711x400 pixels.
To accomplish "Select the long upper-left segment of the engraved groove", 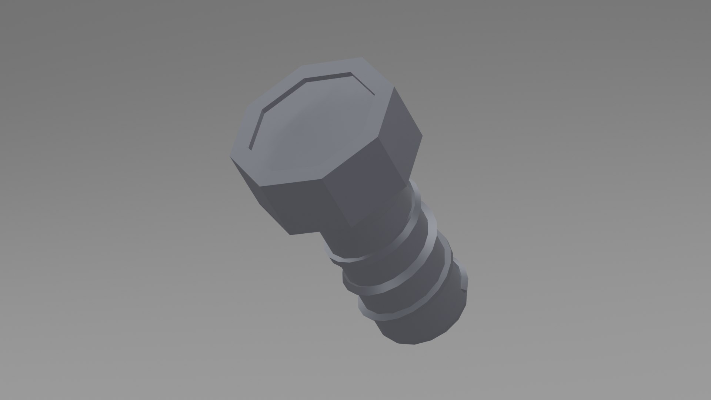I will click(283, 94).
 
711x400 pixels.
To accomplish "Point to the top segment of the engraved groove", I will click(328, 76).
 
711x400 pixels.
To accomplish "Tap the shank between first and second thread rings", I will click(393, 259).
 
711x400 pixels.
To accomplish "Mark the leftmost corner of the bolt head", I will click(230, 157).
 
